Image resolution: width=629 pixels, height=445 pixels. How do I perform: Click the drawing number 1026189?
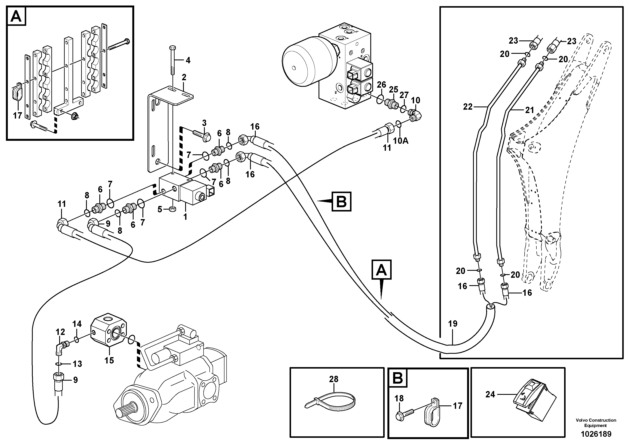point(596,434)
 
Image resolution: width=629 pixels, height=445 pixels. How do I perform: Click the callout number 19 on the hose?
point(453,324)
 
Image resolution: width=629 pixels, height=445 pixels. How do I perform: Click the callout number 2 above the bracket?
point(184,77)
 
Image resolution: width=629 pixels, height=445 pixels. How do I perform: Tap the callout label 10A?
point(401,141)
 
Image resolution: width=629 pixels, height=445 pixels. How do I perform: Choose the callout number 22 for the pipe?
point(468,107)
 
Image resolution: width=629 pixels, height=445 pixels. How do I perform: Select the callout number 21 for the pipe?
point(529,110)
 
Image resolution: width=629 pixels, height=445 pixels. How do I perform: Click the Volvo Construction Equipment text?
point(596,423)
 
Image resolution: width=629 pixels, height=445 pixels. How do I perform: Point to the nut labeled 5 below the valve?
point(173,210)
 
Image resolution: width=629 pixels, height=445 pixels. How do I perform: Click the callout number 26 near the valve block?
point(381,85)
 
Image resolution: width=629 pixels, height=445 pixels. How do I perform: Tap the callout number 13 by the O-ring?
point(77,364)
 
